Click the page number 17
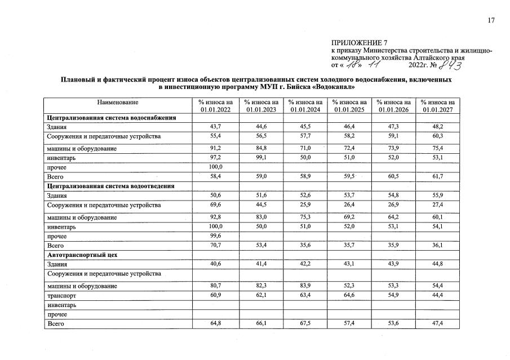(490, 20)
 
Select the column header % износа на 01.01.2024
(305, 106)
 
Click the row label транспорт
(62, 295)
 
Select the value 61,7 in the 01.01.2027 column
(438, 177)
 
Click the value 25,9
(305, 205)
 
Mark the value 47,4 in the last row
(438, 324)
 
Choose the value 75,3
(305, 217)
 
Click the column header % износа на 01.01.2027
(438, 106)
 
